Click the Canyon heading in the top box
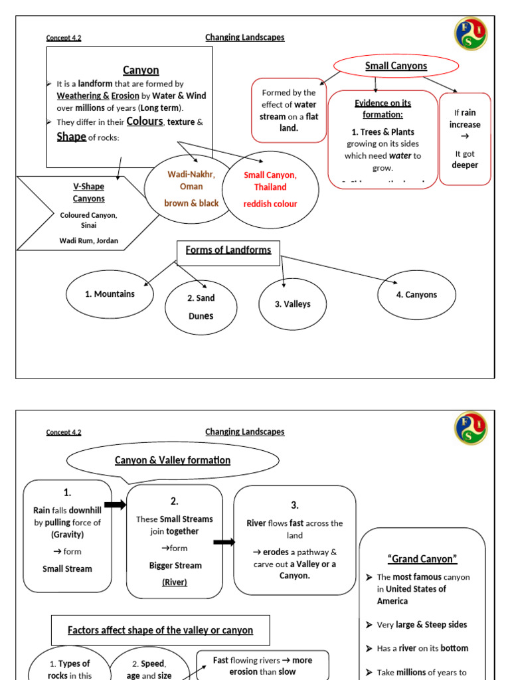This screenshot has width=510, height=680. (x=141, y=70)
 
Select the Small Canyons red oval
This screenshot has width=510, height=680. (x=396, y=66)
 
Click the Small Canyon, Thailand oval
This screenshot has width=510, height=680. (x=270, y=189)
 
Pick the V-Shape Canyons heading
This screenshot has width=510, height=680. (x=89, y=193)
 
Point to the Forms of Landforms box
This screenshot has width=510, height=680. (x=228, y=250)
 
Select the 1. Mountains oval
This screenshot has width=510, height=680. (x=110, y=294)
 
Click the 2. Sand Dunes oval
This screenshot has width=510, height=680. (x=201, y=307)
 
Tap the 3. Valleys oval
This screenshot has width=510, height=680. (x=292, y=304)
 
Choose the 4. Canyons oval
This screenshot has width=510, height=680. (x=416, y=295)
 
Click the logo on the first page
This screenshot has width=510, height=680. (x=471, y=34)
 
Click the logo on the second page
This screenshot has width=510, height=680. (x=471, y=428)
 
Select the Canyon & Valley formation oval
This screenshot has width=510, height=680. (x=173, y=460)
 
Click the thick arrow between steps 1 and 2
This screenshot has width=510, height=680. (x=116, y=505)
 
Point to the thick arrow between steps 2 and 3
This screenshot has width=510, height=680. (x=224, y=542)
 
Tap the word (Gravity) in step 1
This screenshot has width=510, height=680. (x=68, y=535)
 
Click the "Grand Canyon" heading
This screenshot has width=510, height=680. (x=422, y=559)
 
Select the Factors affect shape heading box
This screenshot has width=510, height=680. (x=161, y=630)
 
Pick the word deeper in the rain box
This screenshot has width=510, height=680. (x=465, y=165)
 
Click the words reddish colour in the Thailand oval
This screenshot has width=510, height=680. (x=270, y=204)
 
